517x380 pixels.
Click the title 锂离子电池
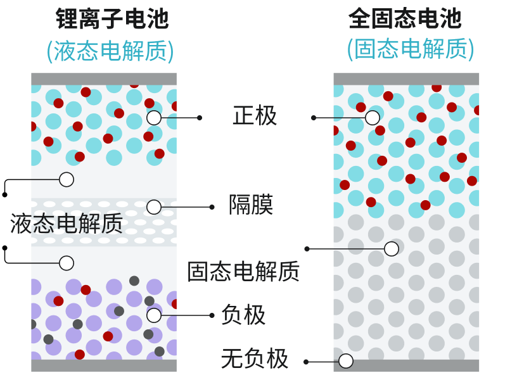coord(112,19)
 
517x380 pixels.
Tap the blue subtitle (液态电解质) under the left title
coord(110,51)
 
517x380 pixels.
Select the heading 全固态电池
coord(405,18)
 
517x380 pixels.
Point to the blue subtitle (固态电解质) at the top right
coord(410,49)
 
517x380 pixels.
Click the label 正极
coord(255,116)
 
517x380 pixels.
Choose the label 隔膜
coord(251,205)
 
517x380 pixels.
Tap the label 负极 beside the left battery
coord(243,315)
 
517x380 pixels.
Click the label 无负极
coord(255,359)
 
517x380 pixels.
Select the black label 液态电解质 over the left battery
coord(67,224)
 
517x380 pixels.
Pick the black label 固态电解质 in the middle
coord(243,271)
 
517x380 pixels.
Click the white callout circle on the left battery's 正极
coord(154,118)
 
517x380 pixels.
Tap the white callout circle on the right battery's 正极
coord(373,118)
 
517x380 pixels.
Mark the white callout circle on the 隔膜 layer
coord(154,207)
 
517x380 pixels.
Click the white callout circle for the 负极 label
coord(154,315)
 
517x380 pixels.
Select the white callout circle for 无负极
coord(346,361)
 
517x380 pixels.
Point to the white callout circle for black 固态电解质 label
coord(392,249)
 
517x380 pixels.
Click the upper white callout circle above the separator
coord(67,180)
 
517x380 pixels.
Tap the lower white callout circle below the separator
coord(67,263)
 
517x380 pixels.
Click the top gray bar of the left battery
coord(104,79)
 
